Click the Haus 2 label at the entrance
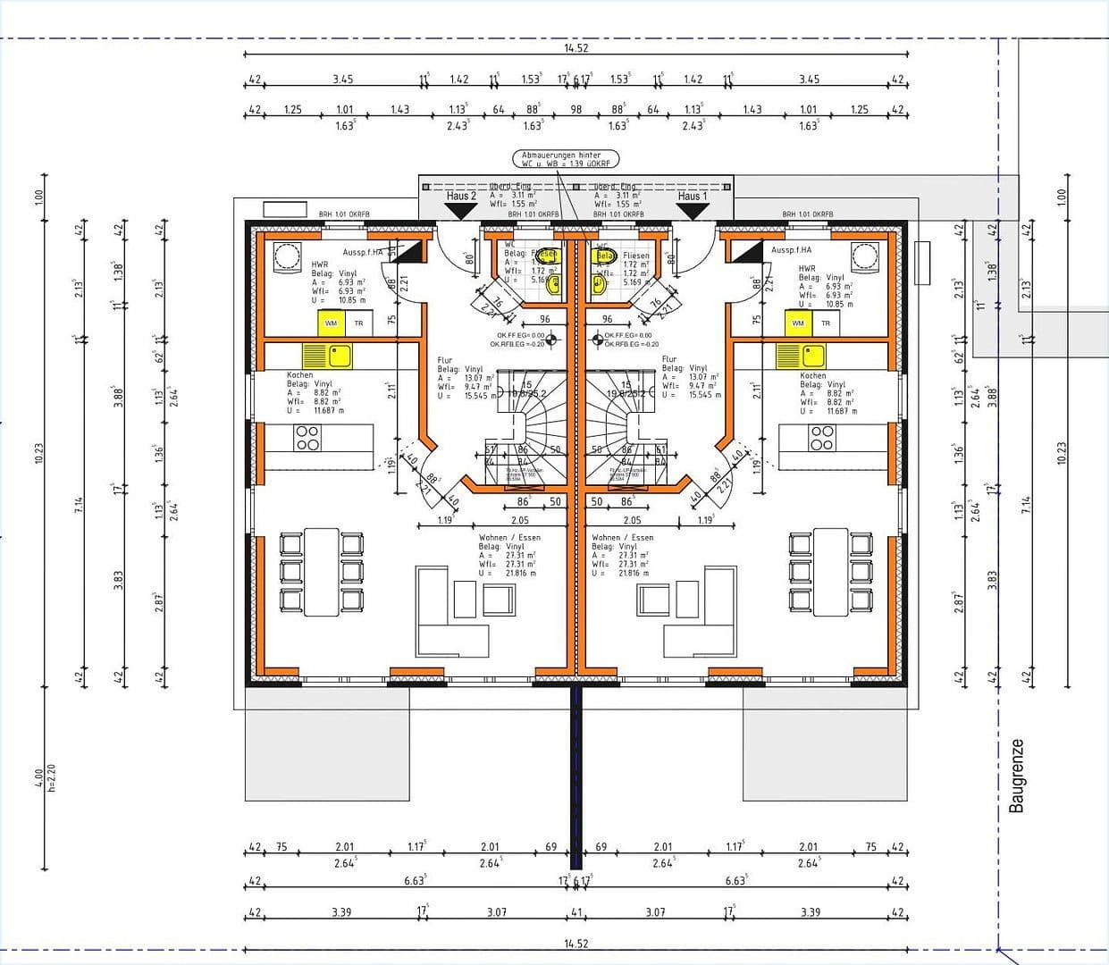tap(461, 196)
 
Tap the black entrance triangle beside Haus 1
tap(692, 211)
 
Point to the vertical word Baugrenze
tap(1016, 776)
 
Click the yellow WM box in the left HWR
tap(332, 323)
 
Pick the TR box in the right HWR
tap(826, 323)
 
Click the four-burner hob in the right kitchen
tap(821, 438)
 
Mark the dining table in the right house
tap(831, 572)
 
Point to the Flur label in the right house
tap(669, 359)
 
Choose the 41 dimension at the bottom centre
tap(576, 912)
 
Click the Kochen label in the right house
tap(813, 376)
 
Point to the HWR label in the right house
tap(807, 268)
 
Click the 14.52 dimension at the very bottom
tap(576, 944)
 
